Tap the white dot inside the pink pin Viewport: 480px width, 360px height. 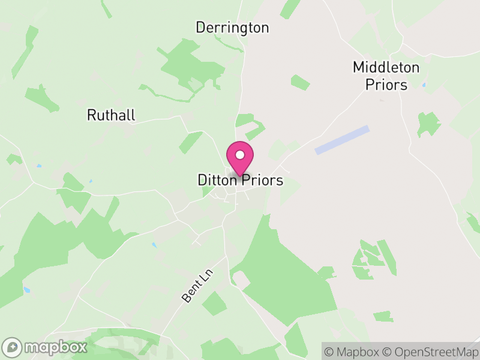coord(240,155)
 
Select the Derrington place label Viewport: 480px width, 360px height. coord(232,28)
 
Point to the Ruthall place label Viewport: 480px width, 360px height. coord(111,115)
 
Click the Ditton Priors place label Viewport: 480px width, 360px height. coord(240,180)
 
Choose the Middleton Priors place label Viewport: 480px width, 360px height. coord(386,76)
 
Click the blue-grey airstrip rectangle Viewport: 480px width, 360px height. coord(342,140)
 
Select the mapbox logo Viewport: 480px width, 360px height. coord(46,347)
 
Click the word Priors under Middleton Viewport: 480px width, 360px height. coord(386,85)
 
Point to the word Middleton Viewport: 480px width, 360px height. coord(386,67)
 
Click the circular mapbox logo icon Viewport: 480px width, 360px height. coord(13,347)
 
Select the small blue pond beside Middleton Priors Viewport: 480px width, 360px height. coord(424,85)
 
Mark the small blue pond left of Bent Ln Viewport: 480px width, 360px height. coord(154,245)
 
